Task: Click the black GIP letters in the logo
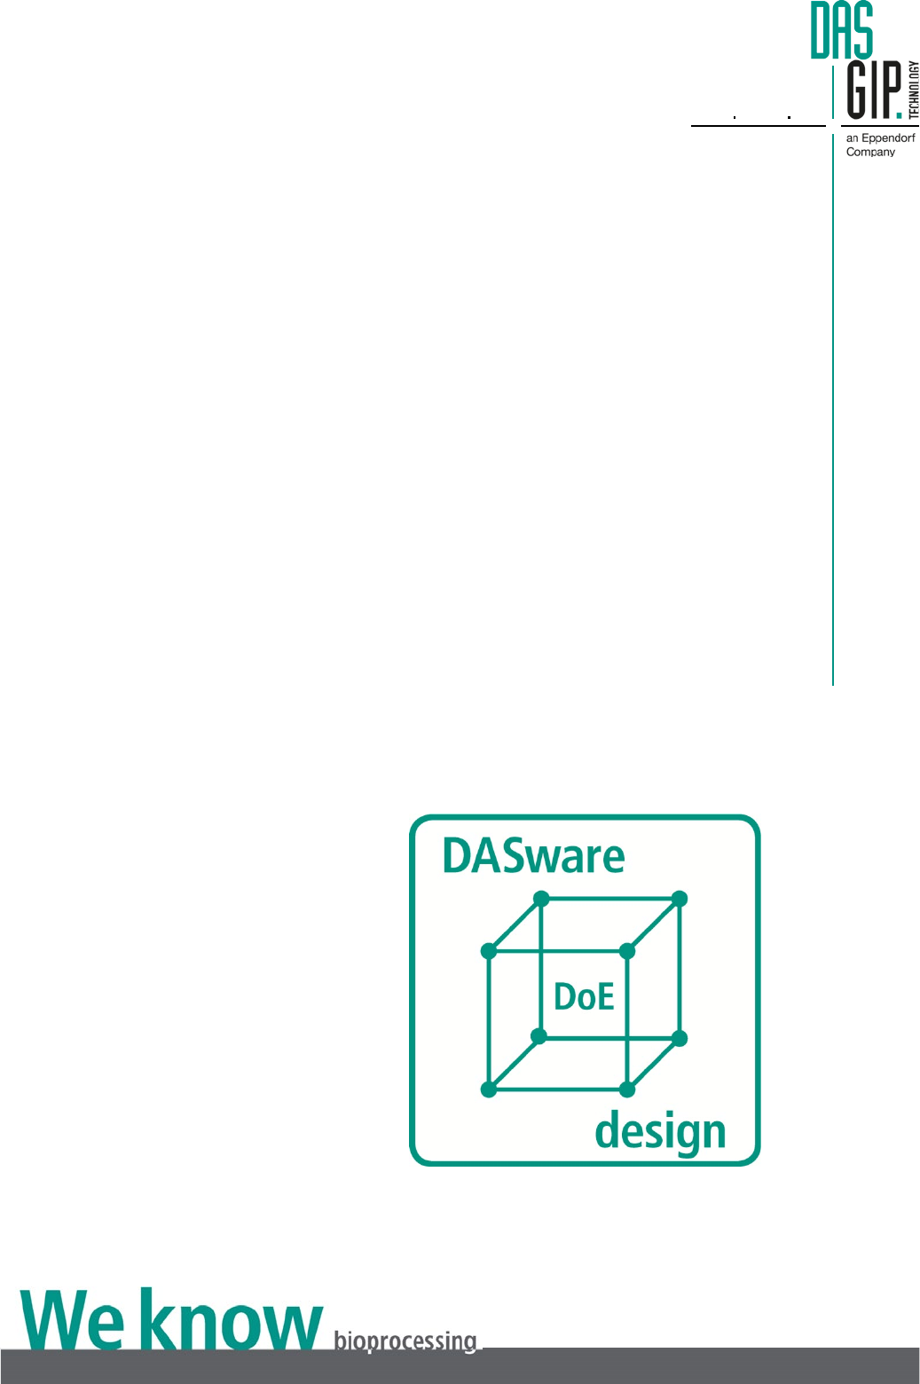point(873,90)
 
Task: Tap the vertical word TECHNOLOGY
point(914,90)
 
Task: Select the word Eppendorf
point(888,138)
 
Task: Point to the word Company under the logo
point(870,153)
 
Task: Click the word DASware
point(533,857)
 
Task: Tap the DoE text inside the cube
point(584,997)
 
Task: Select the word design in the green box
point(660,1133)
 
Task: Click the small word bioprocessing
point(405,1341)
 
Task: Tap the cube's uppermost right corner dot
point(680,899)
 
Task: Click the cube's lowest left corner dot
point(488,1089)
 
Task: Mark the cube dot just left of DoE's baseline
point(539,1036)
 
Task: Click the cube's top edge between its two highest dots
point(610,899)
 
